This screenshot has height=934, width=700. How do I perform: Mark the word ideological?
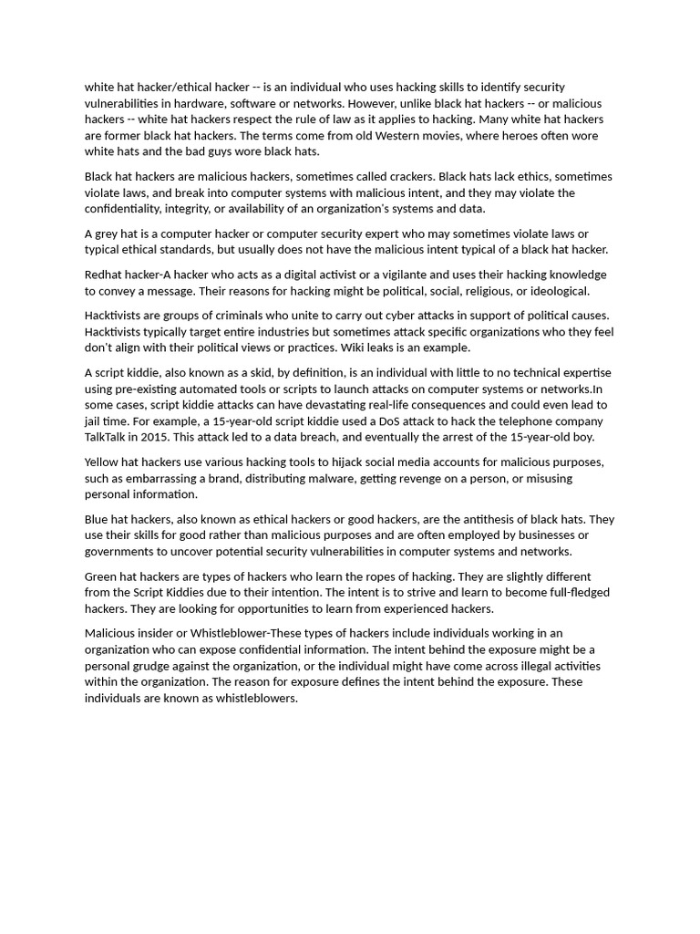tap(555, 291)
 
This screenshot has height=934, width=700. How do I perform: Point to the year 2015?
tap(155, 438)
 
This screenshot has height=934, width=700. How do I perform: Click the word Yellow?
tap(103, 462)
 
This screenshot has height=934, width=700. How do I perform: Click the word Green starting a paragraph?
tap(102, 576)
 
